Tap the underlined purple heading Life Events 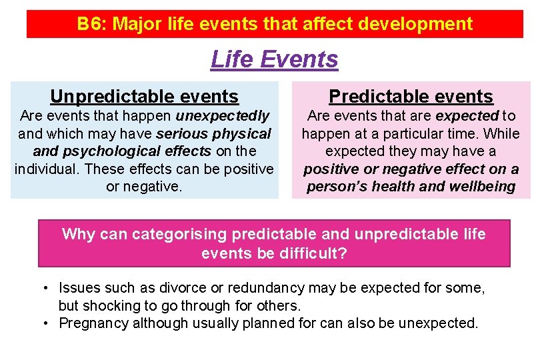(274, 59)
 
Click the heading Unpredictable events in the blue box (144, 97)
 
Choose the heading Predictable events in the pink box (411, 97)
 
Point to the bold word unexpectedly (223, 116)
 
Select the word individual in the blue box (46, 169)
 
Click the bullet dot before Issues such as (45, 289)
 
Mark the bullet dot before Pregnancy (45, 323)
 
